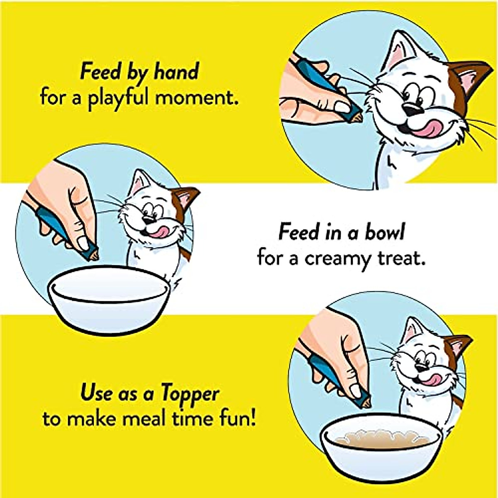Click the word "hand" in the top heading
(176, 72)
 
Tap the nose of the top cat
(413, 109)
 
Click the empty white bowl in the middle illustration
(110, 297)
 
